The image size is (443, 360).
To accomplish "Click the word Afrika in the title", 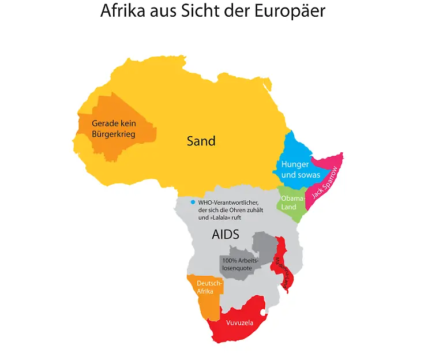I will (122, 11).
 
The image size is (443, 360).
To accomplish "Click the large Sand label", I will (201, 140).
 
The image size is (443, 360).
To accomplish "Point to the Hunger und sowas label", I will (300, 169).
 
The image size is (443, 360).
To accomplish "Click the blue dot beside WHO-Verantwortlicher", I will (193, 202).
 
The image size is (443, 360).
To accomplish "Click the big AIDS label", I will (225, 234).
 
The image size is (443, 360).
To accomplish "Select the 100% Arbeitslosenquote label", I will (240, 264).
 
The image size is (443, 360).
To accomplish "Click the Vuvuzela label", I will (240, 322).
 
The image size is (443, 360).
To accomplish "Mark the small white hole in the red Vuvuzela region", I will (262, 313).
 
